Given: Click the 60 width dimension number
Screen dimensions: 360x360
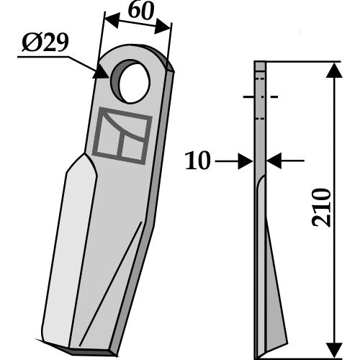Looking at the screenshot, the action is coord(140,12).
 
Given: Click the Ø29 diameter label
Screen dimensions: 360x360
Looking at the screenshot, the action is coord(45,42).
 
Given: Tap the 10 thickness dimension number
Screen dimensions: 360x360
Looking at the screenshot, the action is coord(198,161).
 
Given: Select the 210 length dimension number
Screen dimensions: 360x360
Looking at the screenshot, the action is coord(321,208).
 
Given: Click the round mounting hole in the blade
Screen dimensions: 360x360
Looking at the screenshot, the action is coord(130,81).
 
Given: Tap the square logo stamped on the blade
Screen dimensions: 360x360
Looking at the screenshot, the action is coord(122,135).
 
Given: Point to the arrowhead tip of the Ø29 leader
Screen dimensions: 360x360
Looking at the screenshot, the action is coord(109,78).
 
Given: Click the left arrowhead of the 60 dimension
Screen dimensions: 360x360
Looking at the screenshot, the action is coord(112,21).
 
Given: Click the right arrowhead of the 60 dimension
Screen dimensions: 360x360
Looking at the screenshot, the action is coord(163,27).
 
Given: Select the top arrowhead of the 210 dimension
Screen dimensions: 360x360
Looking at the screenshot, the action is coord(334,71).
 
